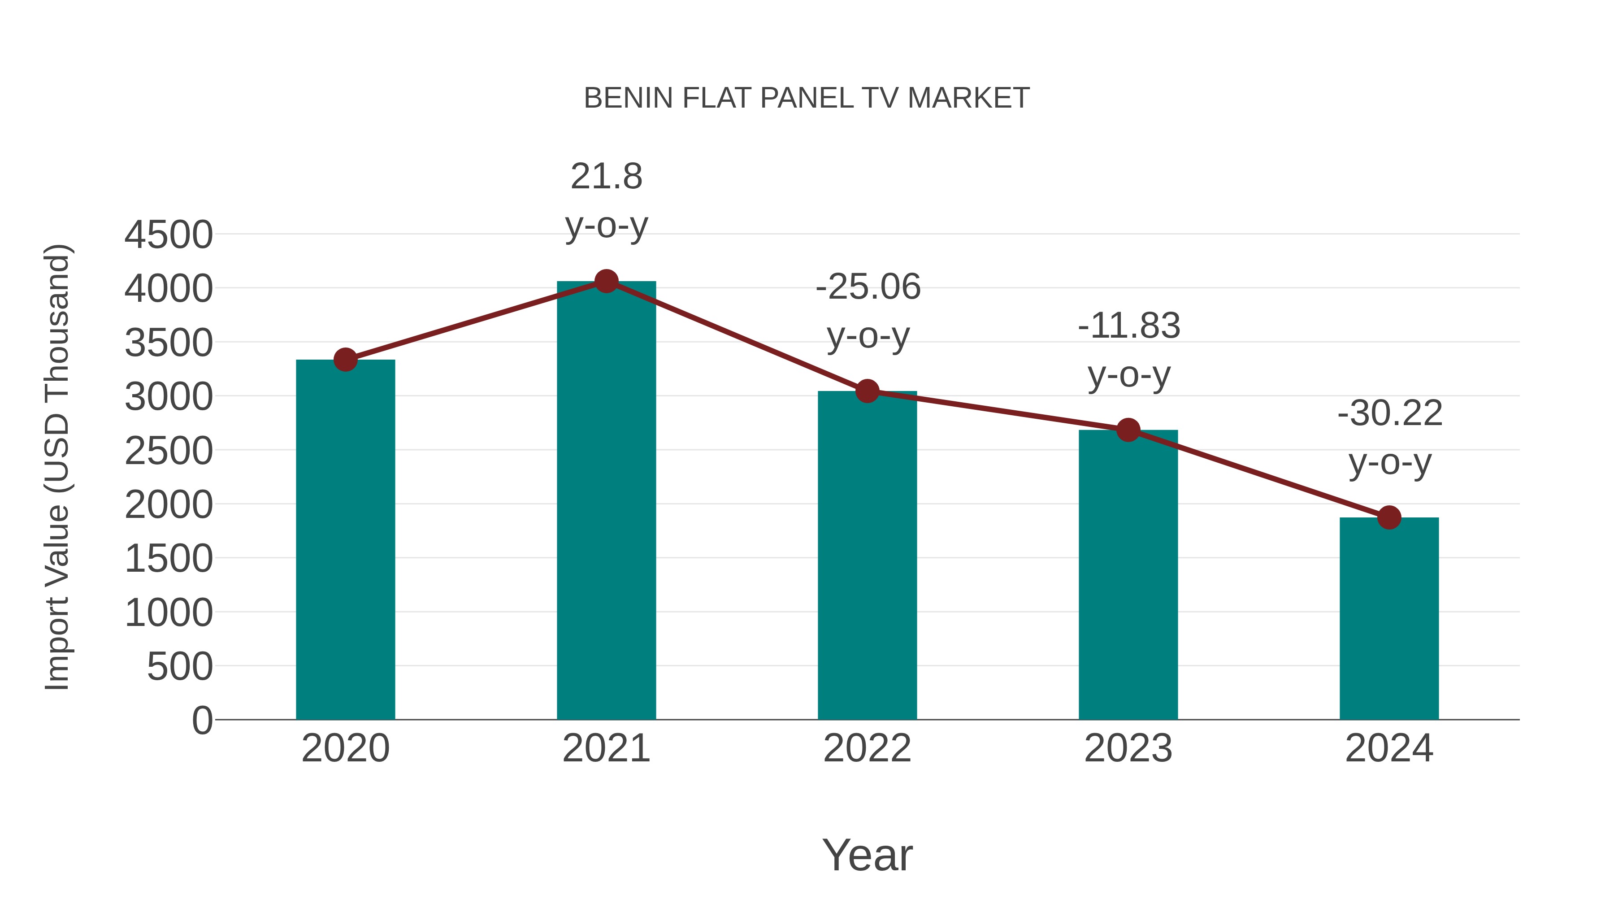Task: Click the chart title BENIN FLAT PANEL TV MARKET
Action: (807, 98)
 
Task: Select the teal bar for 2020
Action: (345, 539)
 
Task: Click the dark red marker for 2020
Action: (345, 360)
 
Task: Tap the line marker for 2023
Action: (1128, 430)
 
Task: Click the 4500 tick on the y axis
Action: (169, 235)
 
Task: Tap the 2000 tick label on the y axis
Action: (169, 504)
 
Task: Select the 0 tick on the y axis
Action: (202, 720)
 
